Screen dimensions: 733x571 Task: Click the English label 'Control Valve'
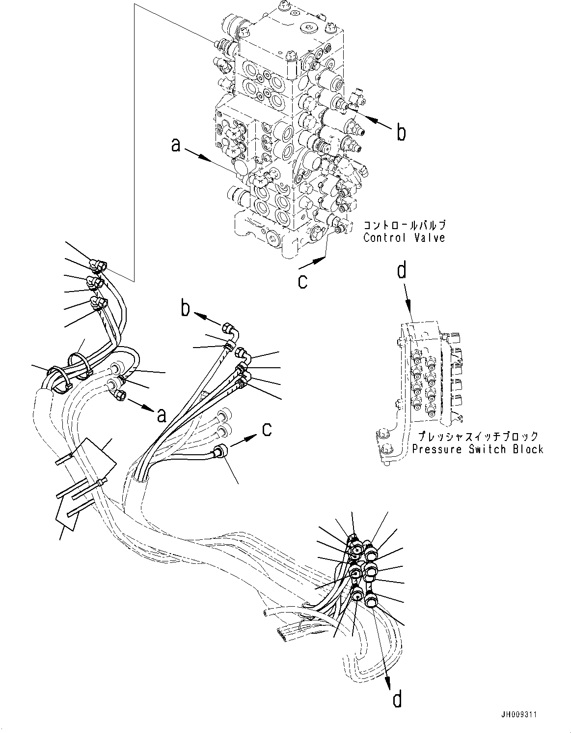pos(404,238)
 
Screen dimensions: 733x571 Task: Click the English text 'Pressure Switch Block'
pos(478,449)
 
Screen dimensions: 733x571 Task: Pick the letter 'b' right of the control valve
pos(401,133)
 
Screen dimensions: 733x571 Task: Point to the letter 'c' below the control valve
pos(303,281)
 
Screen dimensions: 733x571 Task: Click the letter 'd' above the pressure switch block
pos(402,271)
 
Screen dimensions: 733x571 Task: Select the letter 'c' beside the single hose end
pos(267,429)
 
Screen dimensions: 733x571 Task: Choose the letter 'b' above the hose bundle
pos(185,308)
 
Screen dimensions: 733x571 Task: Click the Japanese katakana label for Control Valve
pos(404,226)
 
